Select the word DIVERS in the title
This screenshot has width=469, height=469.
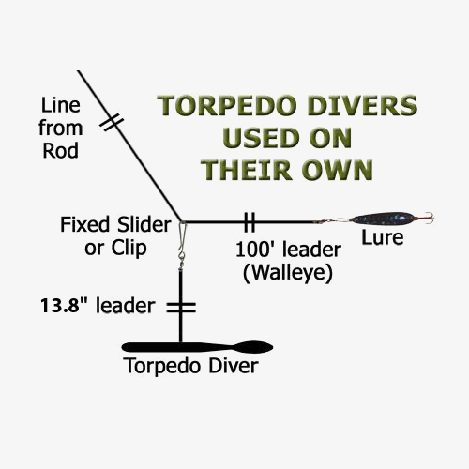363,106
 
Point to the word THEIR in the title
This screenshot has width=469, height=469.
249,170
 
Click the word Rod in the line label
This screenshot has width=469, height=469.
60,151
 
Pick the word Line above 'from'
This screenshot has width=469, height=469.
60,105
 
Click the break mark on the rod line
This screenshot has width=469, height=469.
112,123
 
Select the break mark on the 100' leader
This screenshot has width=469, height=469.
250,222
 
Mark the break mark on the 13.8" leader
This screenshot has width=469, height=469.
181,308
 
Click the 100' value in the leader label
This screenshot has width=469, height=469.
256,250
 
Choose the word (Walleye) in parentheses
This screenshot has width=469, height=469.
288,273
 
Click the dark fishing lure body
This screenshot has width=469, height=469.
383,219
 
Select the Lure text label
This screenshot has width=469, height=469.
383,237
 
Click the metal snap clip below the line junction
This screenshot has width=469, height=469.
182,236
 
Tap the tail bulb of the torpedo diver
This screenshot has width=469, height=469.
253,347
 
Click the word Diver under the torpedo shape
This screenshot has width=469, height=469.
234,366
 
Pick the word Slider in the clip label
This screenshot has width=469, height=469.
144,224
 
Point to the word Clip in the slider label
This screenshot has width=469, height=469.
129,249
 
